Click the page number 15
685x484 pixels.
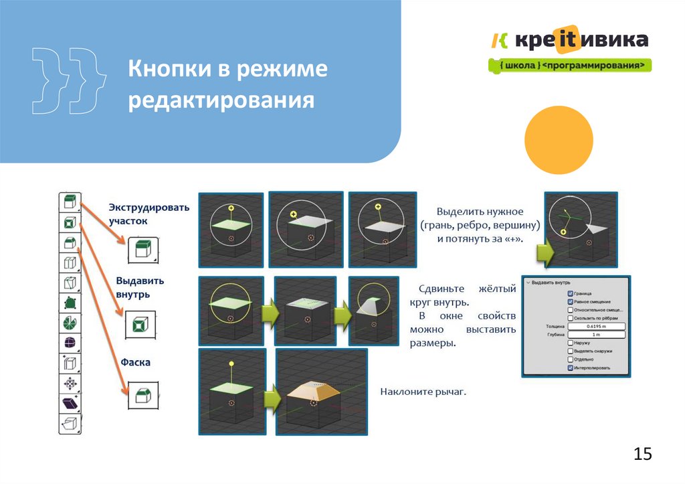coord(642,455)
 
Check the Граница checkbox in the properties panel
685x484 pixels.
coord(570,293)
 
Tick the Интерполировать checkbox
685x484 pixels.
coord(570,368)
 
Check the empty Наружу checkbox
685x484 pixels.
coord(570,342)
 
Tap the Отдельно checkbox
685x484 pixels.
coord(570,359)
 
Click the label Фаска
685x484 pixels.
coord(136,362)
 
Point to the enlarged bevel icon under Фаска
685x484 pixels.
coord(142,395)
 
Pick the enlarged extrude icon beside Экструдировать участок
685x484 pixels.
coord(142,250)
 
